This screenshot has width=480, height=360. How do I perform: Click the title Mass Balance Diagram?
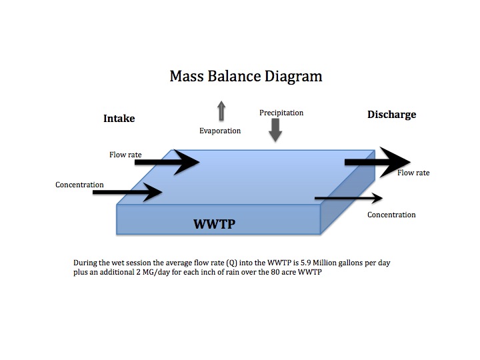pyautogui.click(x=246, y=76)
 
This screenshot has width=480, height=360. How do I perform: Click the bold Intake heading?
pyautogui.click(x=119, y=118)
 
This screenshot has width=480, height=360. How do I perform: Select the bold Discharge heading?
pyautogui.click(x=391, y=115)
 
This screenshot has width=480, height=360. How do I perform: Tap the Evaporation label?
pyautogui.click(x=220, y=131)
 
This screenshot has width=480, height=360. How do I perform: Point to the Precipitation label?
pyautogui.click(x=281, y=113)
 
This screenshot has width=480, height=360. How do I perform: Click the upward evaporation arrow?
pyautogui.click(x=221, y=111)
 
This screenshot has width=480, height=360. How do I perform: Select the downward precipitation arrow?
pyautogui.click(x=275, y=132)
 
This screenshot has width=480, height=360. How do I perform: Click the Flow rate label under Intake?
pyautogui.click(x=125, y=155)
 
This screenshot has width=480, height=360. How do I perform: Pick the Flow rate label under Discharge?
pyautogui.click(x=413, y=173)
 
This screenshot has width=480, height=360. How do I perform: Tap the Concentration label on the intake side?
pyautogui.click(x=79, y=185)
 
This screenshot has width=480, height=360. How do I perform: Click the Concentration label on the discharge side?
pyautogui.click(x=391, y=215)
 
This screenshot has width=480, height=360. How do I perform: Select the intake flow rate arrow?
pyautogui.click(x=169, y=161)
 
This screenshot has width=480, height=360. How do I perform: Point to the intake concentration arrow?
pyautogui.click(x=127, y=192)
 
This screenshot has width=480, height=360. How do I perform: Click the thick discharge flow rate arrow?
pyautogui.click(x=377, y=162)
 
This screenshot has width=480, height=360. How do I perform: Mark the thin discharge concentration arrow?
pyautogui.click(x=348, y=198)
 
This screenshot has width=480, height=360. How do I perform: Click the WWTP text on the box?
pyautogui.click(x=214, y=224)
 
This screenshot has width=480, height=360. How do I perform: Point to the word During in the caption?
pyautogui.click(x=86, y=263)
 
